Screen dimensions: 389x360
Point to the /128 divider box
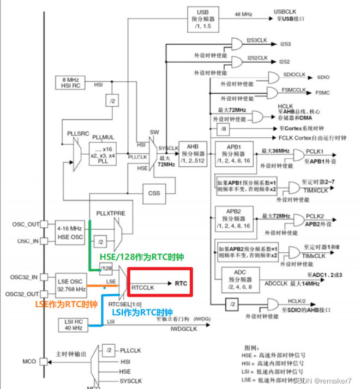tap(106, 268)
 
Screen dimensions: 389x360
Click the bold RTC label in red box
tap(181, 283)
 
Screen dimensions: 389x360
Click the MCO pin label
tap(28, 361)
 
